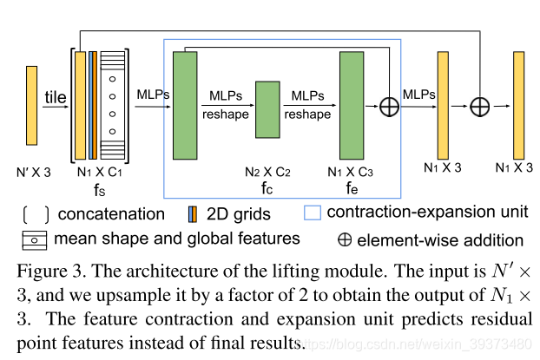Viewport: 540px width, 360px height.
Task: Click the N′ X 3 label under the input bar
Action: click(x=32, y=171)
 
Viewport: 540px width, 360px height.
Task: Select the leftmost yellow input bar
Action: click(x=32, y=105)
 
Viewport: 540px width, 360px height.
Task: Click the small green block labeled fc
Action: click(x=267, y=109)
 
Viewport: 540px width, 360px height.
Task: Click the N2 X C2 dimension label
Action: click(x=267, y=171)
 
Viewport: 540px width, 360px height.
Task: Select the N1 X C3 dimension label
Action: click(x=351, y=171)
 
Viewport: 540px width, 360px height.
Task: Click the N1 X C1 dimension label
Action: click(x=98, y=171)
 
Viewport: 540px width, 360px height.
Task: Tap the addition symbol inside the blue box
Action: click(x=388, y=106)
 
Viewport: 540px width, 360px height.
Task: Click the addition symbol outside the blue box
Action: click(x=479, y=106)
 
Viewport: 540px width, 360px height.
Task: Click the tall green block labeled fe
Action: click(x=351, y=105)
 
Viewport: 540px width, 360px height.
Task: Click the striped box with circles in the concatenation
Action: click(x=113, y=105)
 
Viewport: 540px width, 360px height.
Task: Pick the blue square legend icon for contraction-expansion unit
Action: click(x=313, y=211)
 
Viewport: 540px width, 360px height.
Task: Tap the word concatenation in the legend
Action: click(x=115, y=213)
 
